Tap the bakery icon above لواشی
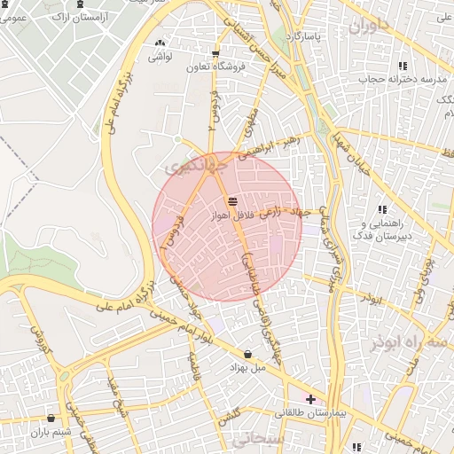[160, 43]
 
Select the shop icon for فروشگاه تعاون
[215, 54]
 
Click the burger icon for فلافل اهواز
[232, 202]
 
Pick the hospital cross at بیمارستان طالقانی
[309, 400]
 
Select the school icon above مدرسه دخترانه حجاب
[403, 66]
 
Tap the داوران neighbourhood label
[368, 27]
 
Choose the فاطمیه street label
[194, 364]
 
